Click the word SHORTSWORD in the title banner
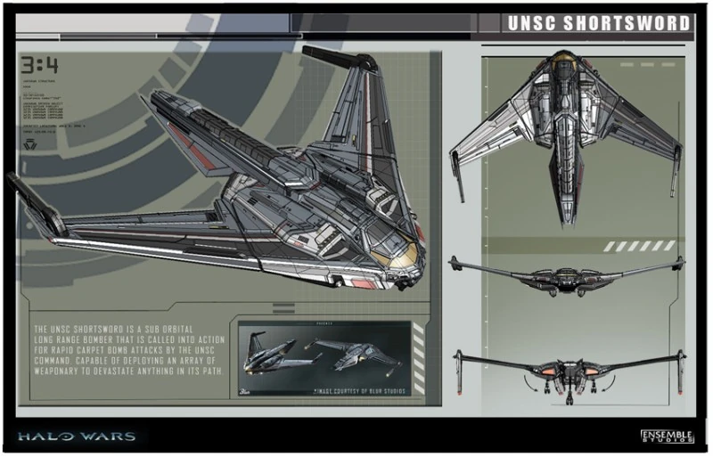623,23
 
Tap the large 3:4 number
40,66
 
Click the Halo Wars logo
76,437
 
